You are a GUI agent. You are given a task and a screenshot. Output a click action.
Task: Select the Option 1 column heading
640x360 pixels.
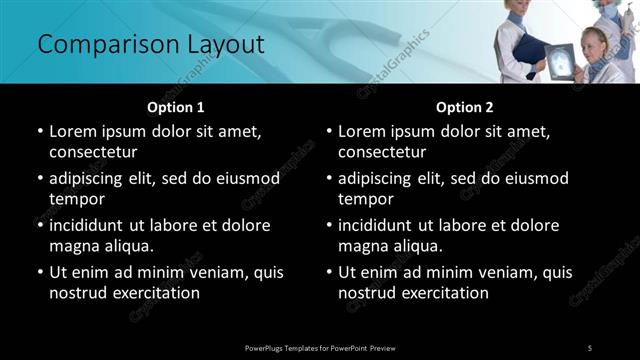tap(175, 107)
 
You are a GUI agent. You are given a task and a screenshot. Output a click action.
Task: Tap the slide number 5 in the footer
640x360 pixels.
tap(590, 347)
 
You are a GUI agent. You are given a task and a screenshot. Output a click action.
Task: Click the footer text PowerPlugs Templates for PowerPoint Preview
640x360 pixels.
tap(320, 347)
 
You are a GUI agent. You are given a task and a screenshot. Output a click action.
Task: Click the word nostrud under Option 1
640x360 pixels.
tap(76, 293)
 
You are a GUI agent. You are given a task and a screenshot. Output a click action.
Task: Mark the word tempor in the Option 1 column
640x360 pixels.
tap(76, 199)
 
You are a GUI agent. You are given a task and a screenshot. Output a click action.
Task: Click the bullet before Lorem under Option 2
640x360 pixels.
tap(330, 131)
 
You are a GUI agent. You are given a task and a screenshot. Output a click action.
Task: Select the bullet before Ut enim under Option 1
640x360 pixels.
tap(40, 271)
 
